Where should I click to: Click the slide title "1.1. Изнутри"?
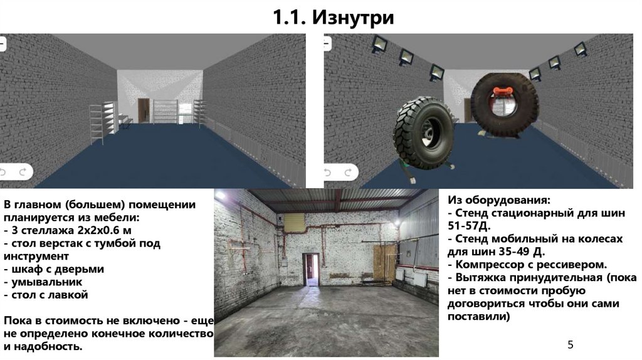pos(334,17)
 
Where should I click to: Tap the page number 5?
pos(571,345)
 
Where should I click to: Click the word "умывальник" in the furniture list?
pos(46,282)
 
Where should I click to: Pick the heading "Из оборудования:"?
pos(498,200)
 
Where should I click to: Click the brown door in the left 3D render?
pos(144,110)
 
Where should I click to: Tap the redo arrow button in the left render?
pos(23,172)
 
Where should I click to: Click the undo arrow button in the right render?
pos(328,172)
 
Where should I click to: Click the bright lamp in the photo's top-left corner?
pos(221,195)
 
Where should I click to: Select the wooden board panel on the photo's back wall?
pos(384,263)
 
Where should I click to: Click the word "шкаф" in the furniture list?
pos(26,269)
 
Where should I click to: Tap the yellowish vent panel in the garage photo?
pos(294,223)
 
